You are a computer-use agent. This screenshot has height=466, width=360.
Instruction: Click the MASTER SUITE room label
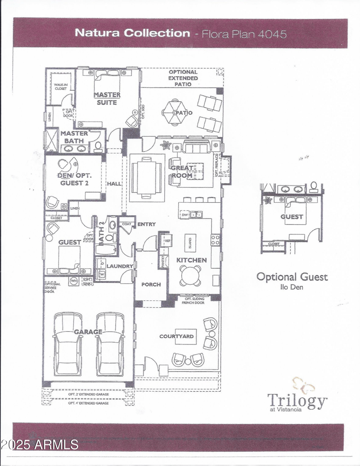click(x=107, y=98)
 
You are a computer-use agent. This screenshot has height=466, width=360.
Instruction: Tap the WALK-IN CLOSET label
click(x=60, y=86)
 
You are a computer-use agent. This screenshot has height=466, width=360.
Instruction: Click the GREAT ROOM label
click(x=182, y=172)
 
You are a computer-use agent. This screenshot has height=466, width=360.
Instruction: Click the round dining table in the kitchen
click(x=190, y=275)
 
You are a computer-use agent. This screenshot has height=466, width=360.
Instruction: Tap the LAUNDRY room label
click(x=120, y=266)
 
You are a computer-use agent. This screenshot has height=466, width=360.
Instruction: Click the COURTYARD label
click(x=176, y=336)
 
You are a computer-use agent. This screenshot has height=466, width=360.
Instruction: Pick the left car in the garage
click(x=67, y=344)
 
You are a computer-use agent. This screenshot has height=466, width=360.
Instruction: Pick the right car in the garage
click(x=110, y=344)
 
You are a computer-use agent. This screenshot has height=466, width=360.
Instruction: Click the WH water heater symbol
click(x=74, y=282)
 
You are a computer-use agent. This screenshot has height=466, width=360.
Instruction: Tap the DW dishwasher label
click(x=184, y=215)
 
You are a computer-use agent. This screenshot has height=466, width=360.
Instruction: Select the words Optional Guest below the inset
click(x=292, y=276)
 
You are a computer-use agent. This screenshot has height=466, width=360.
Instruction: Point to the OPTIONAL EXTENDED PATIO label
click(x=183, y=78)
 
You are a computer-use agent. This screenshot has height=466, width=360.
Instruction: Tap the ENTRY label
click(x=146, y=224)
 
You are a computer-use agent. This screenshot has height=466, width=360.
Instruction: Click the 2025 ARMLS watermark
click(x=40, y=445)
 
